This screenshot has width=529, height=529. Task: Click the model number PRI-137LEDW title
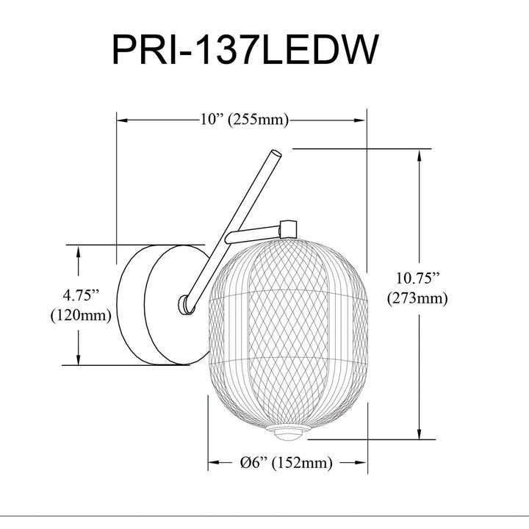click(245, 49)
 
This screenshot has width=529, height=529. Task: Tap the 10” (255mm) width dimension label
click(244, 120)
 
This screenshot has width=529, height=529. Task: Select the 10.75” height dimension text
click(418, 278)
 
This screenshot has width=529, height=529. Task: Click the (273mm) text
click(417, 298)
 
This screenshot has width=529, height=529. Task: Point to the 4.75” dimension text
click(81, 295)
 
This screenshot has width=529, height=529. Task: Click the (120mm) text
click(81, 315)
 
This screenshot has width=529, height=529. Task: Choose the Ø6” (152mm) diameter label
click(286, 463)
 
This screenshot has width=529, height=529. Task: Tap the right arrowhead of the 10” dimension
click(360, 120)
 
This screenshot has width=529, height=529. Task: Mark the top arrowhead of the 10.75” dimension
click(420, 156)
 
